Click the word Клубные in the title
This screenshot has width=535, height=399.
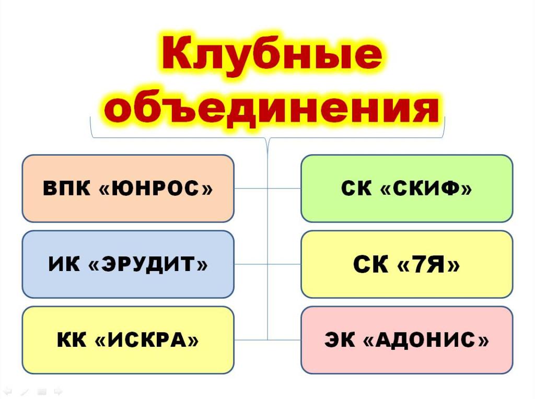point(272,54)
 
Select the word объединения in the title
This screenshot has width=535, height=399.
point(272,109)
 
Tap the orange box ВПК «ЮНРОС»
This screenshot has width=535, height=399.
point(128,189)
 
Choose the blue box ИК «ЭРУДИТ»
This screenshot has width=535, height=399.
point(128,264)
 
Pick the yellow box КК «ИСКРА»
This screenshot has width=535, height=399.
point(128,340)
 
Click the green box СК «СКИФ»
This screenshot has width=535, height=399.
point(406,189)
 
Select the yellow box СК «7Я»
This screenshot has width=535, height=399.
point(406,264)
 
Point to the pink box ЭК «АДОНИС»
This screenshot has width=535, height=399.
point(406,340)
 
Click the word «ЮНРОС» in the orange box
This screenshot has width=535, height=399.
point(156,188)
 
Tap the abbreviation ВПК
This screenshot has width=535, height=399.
point(67,188)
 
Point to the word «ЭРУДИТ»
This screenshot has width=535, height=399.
point(148,264)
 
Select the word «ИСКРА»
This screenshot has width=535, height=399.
point(146,339)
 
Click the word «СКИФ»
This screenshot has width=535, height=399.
point(426,188)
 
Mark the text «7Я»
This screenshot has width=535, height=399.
point(429,264)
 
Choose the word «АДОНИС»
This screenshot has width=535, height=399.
point(426,339)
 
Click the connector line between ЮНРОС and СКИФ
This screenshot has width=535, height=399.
point(267,188)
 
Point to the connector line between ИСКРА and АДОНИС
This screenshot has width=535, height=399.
point(267,339)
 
